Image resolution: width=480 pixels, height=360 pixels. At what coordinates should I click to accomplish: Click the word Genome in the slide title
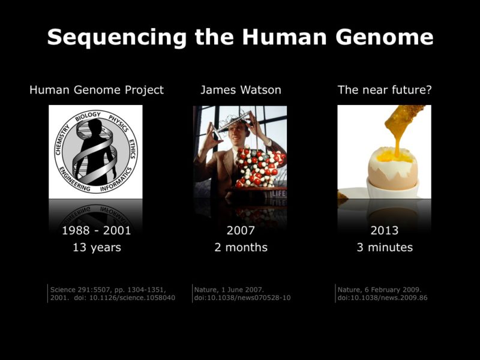384,38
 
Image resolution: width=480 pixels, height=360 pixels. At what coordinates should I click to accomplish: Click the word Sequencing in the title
117,38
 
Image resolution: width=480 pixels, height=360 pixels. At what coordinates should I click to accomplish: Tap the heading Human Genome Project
97,90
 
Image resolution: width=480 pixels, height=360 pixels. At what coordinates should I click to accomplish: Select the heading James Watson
241,90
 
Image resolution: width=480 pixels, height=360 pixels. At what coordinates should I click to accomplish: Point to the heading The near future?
385,90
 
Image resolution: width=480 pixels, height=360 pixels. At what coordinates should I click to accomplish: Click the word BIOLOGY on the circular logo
88,116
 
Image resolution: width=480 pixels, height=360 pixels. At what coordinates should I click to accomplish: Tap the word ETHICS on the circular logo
132,149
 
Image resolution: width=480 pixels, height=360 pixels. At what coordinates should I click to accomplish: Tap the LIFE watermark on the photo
278,193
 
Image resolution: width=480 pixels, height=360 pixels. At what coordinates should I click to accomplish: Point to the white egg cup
393,189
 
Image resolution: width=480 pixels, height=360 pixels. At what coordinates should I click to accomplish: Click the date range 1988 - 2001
97,230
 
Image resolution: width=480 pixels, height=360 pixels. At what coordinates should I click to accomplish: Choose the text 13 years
97,247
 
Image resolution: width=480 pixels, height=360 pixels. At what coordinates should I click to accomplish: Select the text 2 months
241,247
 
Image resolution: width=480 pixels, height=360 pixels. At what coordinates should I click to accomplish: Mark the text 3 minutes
385,247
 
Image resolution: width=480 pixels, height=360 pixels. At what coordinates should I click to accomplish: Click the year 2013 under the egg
385,230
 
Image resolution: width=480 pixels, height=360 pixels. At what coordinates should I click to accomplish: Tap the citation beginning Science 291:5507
113,293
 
